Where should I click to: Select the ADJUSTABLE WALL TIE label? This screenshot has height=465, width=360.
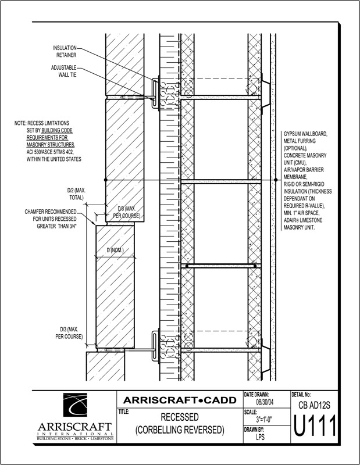pyautogui.click(x=63, y=70)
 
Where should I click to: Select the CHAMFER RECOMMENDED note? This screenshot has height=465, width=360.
pyautogui.click(x=55, y=212)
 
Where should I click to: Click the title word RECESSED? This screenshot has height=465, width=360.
pyautogui.click(x=179, y=418)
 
